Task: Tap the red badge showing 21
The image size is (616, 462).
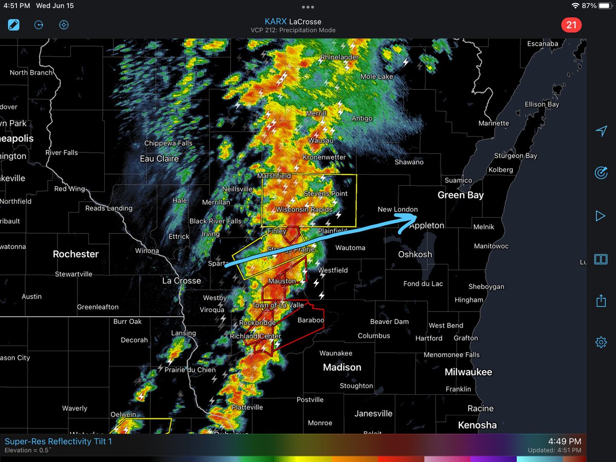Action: tap(570, 25)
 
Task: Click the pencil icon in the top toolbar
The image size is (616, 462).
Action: tap(14, 25)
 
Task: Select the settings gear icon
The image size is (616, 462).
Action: tap(601, 342)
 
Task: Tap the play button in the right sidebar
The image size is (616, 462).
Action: tap(601, 216)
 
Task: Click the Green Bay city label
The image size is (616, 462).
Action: tap(460, 195)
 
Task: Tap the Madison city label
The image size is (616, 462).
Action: tap(342, 368)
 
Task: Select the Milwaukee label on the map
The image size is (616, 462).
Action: tap(468, 372)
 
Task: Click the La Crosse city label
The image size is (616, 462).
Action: tap(181, 281)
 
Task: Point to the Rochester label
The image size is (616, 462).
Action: tap(75, 254)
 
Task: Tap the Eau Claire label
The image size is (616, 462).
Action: tap(159, 159)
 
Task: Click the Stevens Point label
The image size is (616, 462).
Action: tap(325, 194)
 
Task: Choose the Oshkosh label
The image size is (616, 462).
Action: tap(415, 255)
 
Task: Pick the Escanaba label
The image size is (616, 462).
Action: tap(543, 44)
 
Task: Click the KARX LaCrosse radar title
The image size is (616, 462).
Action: tap(293, 22)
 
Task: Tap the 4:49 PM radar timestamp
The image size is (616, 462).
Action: tap(564, 441)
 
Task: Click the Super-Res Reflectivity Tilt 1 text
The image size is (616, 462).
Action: tap(58, 441)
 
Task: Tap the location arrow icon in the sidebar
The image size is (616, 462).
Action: tap(601, 131)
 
